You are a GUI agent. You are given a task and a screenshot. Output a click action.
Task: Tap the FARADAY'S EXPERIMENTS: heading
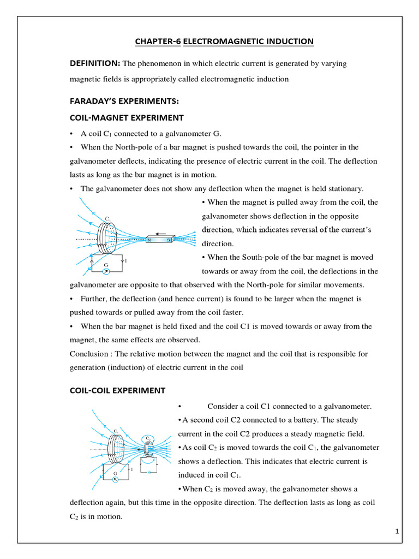pos(124,101)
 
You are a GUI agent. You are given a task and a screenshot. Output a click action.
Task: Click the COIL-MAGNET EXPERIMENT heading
pos(127,117)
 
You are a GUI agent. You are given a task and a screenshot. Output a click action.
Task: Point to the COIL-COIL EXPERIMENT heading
pos(117,390)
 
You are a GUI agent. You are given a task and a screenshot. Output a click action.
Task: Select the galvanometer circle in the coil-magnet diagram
pos(107,271)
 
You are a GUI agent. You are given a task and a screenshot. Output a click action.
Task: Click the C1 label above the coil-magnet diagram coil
pos(108,219)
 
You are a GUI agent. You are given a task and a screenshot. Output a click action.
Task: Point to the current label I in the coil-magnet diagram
pos(127,261)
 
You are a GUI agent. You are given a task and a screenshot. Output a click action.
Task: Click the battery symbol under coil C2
pos(148,472)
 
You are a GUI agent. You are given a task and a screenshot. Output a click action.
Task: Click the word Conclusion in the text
pos(89,354)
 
